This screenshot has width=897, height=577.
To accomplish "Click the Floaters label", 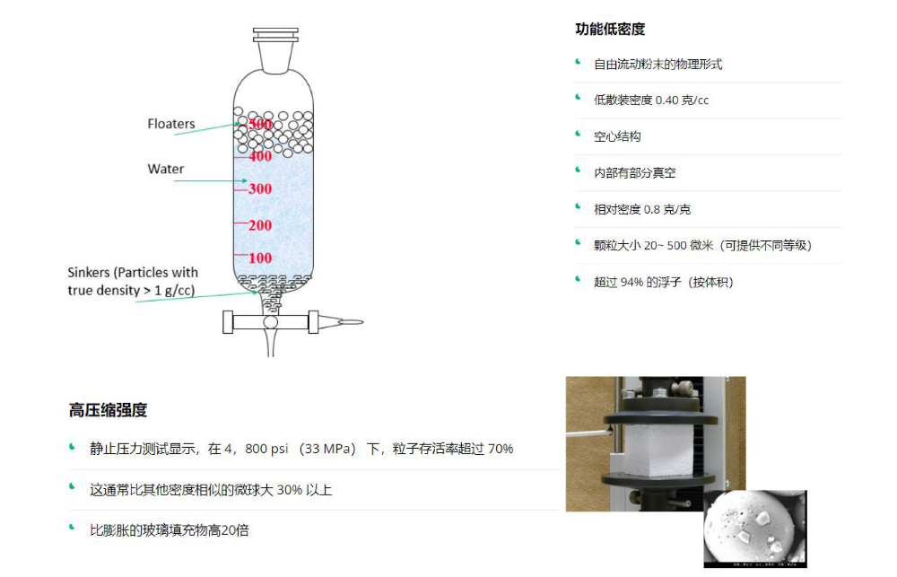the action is pyautogui.click(x=171, y=124).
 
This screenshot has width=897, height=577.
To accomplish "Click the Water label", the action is pyautogui.click(x=166, y=169).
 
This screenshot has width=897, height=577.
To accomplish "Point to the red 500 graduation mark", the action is pyautogui.click(x=260, y=124).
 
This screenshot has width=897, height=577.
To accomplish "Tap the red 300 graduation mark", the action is pyautogui.click(x=260, y=189).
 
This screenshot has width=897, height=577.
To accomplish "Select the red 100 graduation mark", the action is pyautogui.click(x=260, y=258).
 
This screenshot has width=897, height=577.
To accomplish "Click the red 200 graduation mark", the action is pyautogui.click(x=260, y=225).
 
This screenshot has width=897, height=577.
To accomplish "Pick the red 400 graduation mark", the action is pyautogui.click(x=260, y=156).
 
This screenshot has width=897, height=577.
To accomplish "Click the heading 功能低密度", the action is pyautogui.click(x=610, y=30).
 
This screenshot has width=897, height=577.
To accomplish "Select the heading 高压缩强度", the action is pyautogui.click(x=108, y=411).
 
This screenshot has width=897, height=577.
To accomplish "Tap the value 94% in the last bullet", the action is pyautogui.click(x=631, y=283).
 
